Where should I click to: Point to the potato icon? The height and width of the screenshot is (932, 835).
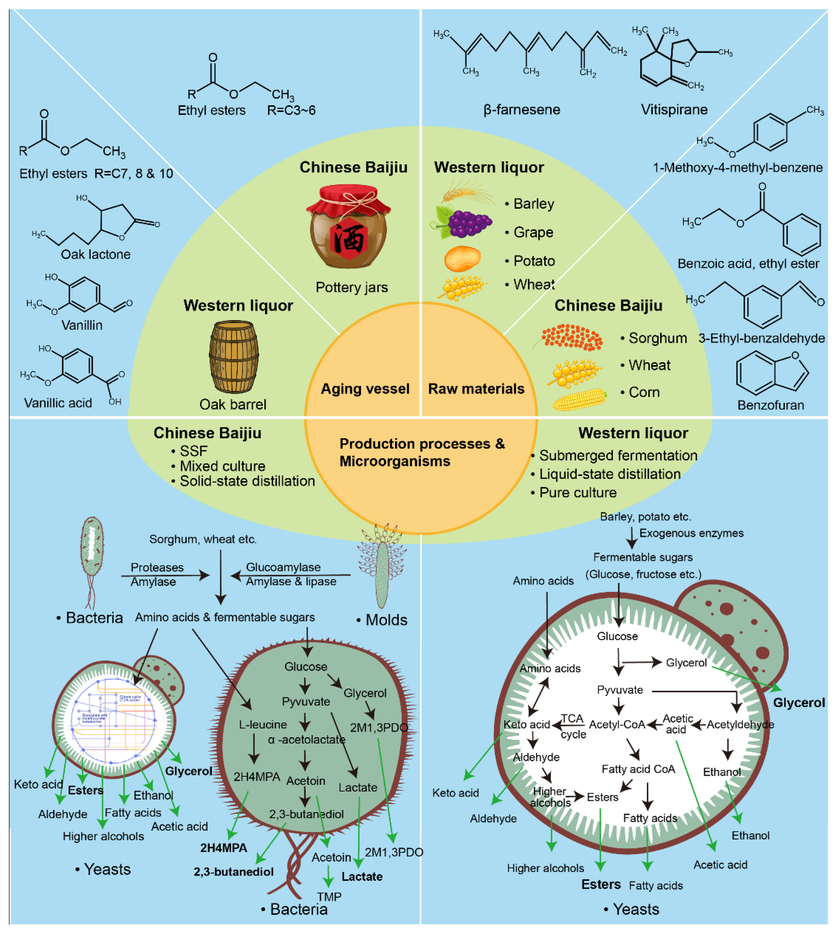[x=462, y=259]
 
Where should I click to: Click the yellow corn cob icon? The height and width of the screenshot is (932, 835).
[x=579, y=399]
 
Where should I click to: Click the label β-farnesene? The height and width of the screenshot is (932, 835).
[x=522, y=109]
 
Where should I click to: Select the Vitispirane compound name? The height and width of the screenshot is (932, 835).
[x=674, y=109]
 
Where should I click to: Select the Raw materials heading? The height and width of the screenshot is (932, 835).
[x=476, y=389]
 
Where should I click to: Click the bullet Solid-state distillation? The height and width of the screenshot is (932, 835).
[x=247, y=481]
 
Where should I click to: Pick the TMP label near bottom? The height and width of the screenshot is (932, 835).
[x=329, y=897]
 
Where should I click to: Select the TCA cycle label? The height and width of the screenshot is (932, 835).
[x=573, y=725]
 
